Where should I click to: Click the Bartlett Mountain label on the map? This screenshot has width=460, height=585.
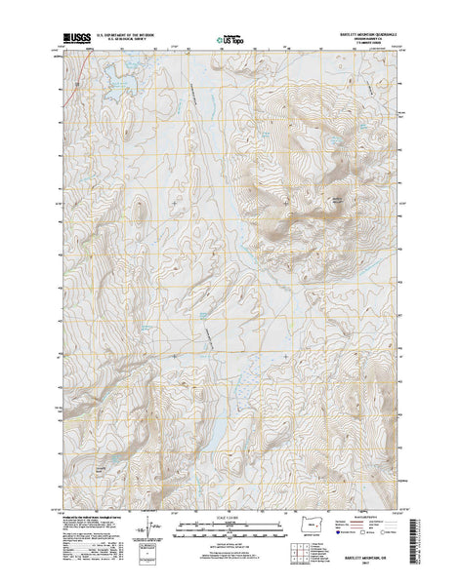(x=339, y=199)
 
